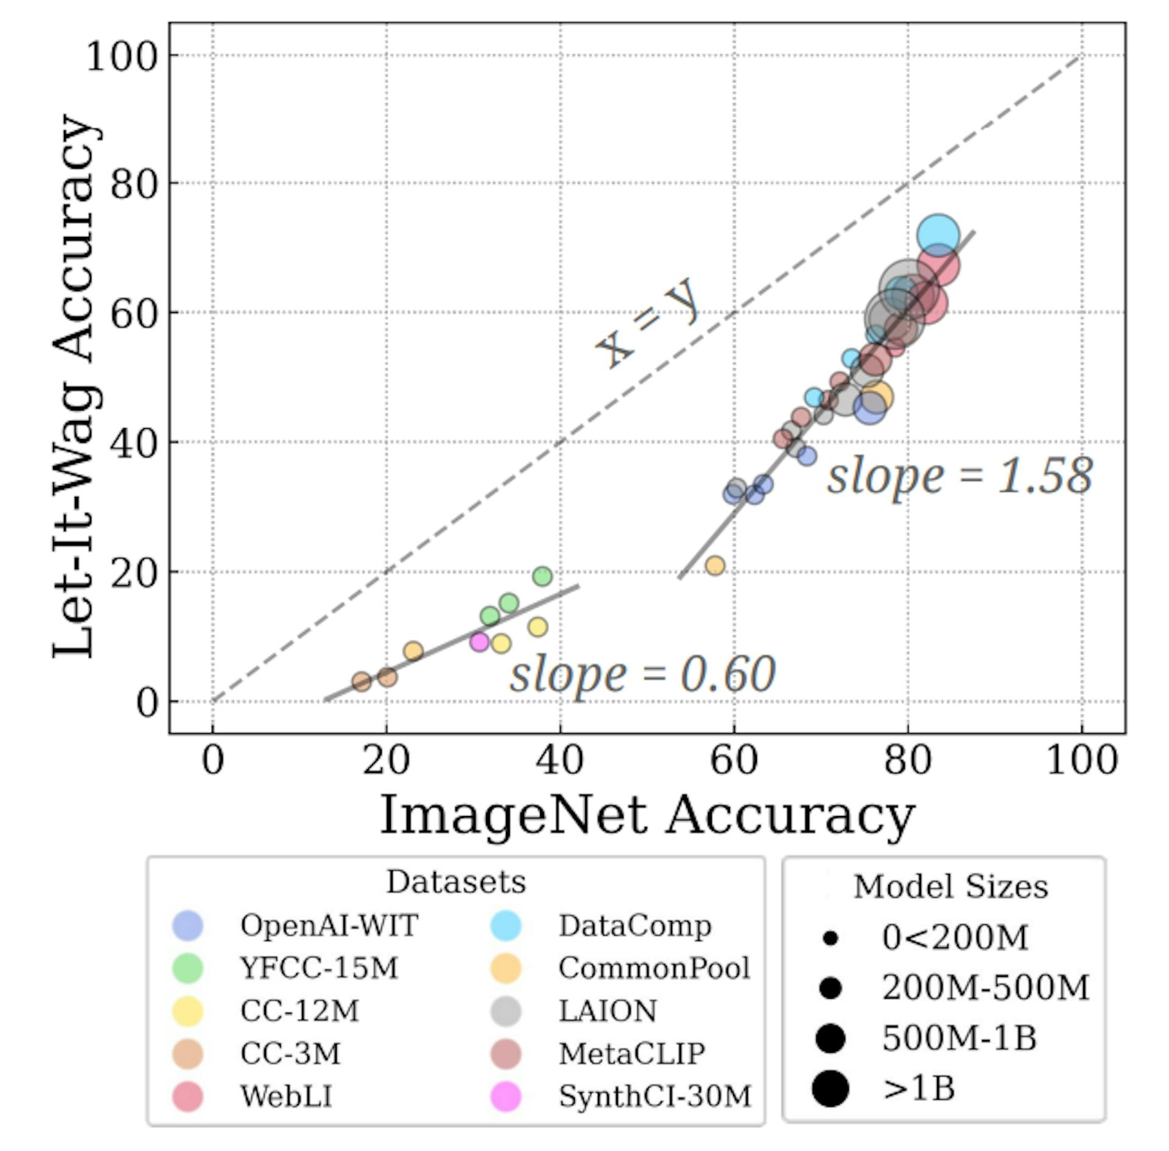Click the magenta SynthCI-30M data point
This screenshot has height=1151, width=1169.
480,641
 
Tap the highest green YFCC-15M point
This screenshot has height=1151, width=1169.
542,575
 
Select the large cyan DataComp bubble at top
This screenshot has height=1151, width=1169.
938,235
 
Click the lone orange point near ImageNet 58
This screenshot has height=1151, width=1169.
715,565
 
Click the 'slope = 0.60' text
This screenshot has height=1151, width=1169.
642,675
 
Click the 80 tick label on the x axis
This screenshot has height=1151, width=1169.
907,761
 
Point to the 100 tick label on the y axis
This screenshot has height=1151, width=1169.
122,56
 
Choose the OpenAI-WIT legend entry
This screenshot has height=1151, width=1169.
329,926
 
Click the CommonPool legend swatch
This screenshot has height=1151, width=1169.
506,968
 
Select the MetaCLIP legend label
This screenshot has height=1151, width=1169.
631,1054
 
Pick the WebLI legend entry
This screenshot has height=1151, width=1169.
286,1096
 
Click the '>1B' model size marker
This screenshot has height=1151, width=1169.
830,1088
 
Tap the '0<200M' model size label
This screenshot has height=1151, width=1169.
955,938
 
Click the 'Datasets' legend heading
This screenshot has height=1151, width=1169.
455,882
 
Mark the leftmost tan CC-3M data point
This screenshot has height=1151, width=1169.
362,681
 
